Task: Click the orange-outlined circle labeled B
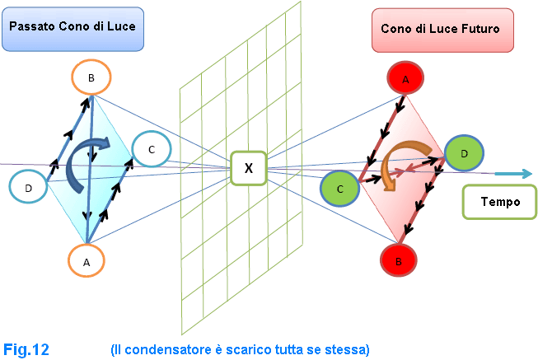tap(91, 78)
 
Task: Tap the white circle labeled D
tap(29, 188)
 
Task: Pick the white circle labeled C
tap(151, 149)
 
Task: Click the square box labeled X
tap(248, 168)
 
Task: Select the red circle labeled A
tap(405, 80)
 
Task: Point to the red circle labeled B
tap(399, 261)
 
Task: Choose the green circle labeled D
tap(464, 152)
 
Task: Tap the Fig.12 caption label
tap(26, 349)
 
